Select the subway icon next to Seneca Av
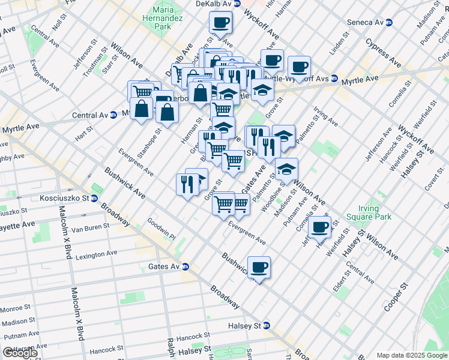click(x=389, y=22)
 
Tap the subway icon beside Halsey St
click(x=267, y=325)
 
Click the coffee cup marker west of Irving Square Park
click(x=320, y=227)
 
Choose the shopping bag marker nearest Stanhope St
click(x=141, y=109)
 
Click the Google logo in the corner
click(x=20, y=353)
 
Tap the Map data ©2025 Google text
click(x=411, y=355)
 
